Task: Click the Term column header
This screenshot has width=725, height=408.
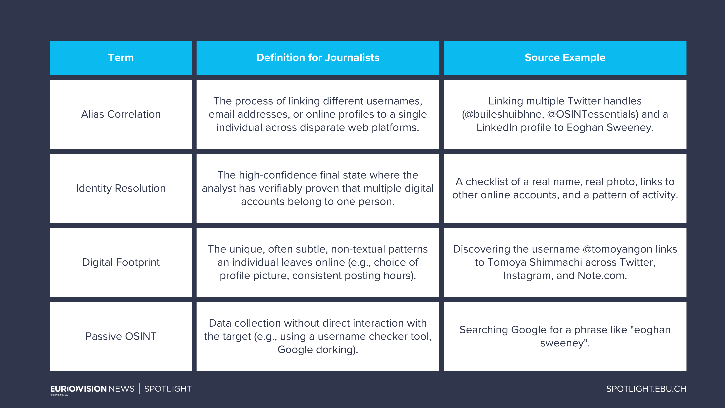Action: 121,58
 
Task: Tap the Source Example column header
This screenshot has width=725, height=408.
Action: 565,58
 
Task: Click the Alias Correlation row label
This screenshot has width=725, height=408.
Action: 121,114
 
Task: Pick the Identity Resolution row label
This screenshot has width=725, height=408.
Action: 121,188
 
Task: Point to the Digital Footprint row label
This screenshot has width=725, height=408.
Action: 121,262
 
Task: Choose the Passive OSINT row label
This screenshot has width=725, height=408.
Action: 121,336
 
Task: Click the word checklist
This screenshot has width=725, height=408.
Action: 493,182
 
